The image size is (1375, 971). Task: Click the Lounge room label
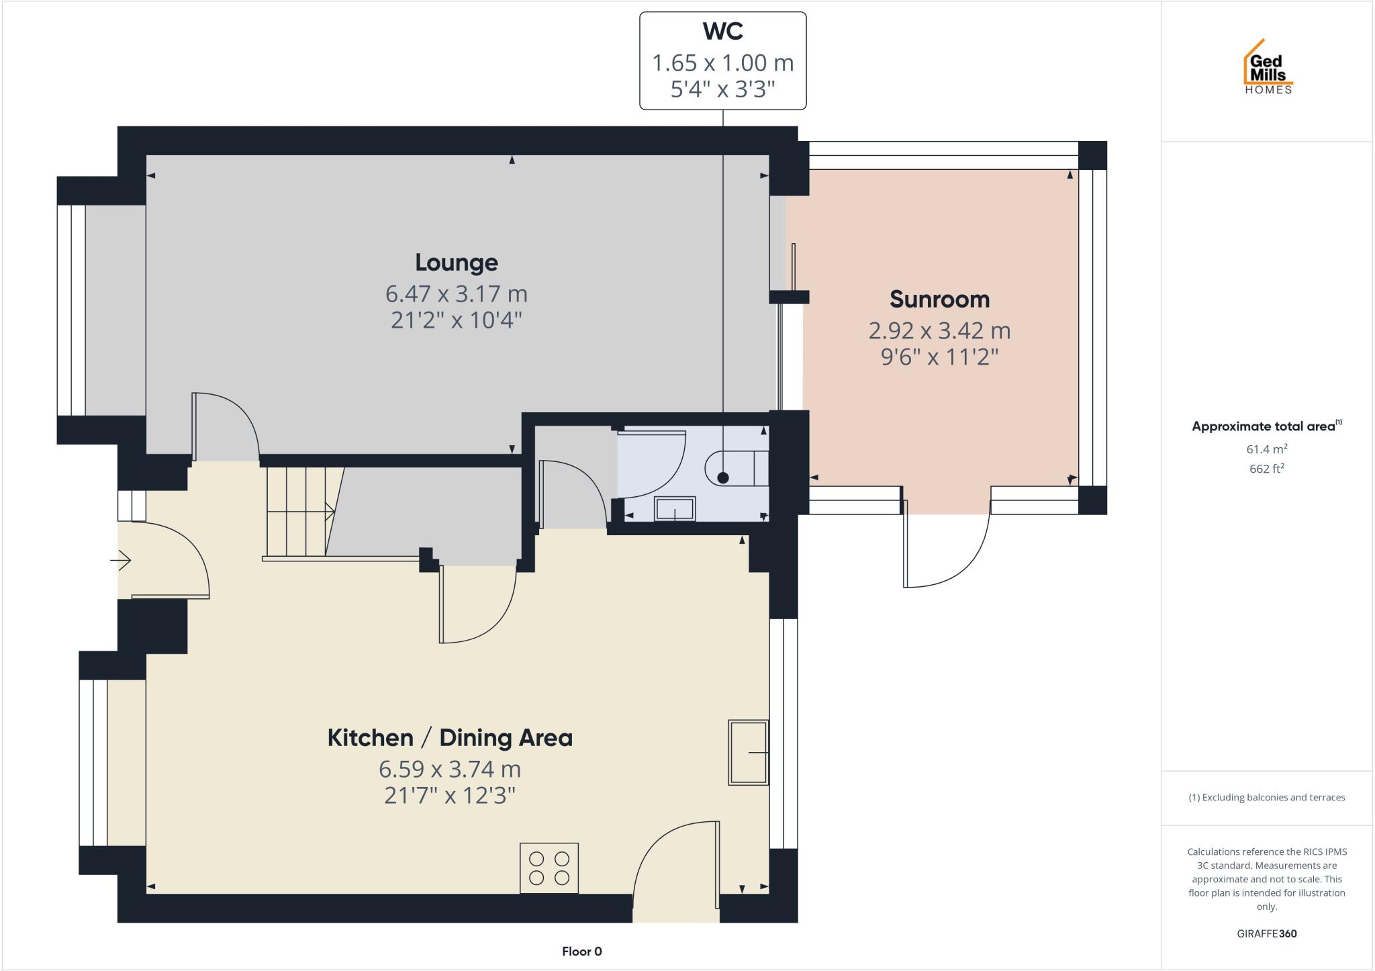[456, 263]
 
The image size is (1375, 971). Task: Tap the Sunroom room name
[939, 299]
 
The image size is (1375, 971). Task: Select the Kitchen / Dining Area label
[450, 738]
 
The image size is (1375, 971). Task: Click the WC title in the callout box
[722, 32]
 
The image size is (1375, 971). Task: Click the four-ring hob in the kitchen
[549, 868]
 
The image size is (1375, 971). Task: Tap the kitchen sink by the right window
[748, 752]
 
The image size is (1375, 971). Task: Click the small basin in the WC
[675, 509]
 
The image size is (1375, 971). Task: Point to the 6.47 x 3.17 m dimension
[456, 294]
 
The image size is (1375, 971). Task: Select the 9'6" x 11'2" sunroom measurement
[939, 357]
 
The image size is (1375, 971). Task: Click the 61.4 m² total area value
[1266, 449]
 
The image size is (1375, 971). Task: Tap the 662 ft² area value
[1266, 469]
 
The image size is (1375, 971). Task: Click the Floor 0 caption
[581, 952]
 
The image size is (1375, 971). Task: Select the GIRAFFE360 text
[1266, 933]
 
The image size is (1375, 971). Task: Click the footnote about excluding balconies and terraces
[1266, 798]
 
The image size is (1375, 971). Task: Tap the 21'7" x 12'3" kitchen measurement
[450, 796]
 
